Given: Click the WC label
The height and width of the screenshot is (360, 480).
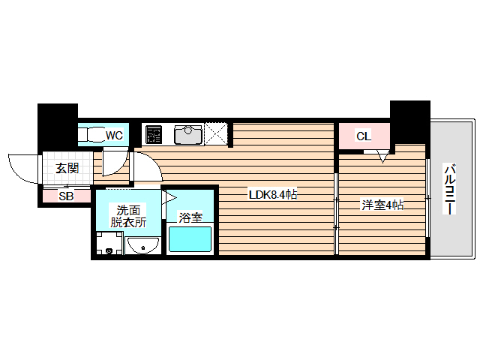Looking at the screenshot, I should (114, 136).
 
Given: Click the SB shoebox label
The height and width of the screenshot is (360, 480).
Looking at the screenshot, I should (66, 196).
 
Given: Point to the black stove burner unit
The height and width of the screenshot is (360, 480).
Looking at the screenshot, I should (154, 135).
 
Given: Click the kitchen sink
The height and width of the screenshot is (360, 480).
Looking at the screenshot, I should (187, 135).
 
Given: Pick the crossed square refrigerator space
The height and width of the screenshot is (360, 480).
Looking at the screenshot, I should (218, 134).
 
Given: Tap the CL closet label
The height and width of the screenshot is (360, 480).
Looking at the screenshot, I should (363, 136).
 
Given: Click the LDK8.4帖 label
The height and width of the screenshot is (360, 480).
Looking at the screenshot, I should (273, 195).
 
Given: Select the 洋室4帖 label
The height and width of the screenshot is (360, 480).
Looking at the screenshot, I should (382, 204).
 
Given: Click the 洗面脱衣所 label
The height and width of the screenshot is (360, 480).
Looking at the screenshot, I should (126, 216).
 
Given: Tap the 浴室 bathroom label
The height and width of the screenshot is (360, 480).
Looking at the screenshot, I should (190, 217).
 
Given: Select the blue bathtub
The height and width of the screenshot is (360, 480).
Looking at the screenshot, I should (190, 240).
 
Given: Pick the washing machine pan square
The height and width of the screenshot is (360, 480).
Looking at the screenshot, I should (109, 244).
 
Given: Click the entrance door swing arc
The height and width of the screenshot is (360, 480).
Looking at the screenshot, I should (20, 166).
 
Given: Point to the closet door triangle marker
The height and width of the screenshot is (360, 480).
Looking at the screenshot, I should (382, 157).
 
